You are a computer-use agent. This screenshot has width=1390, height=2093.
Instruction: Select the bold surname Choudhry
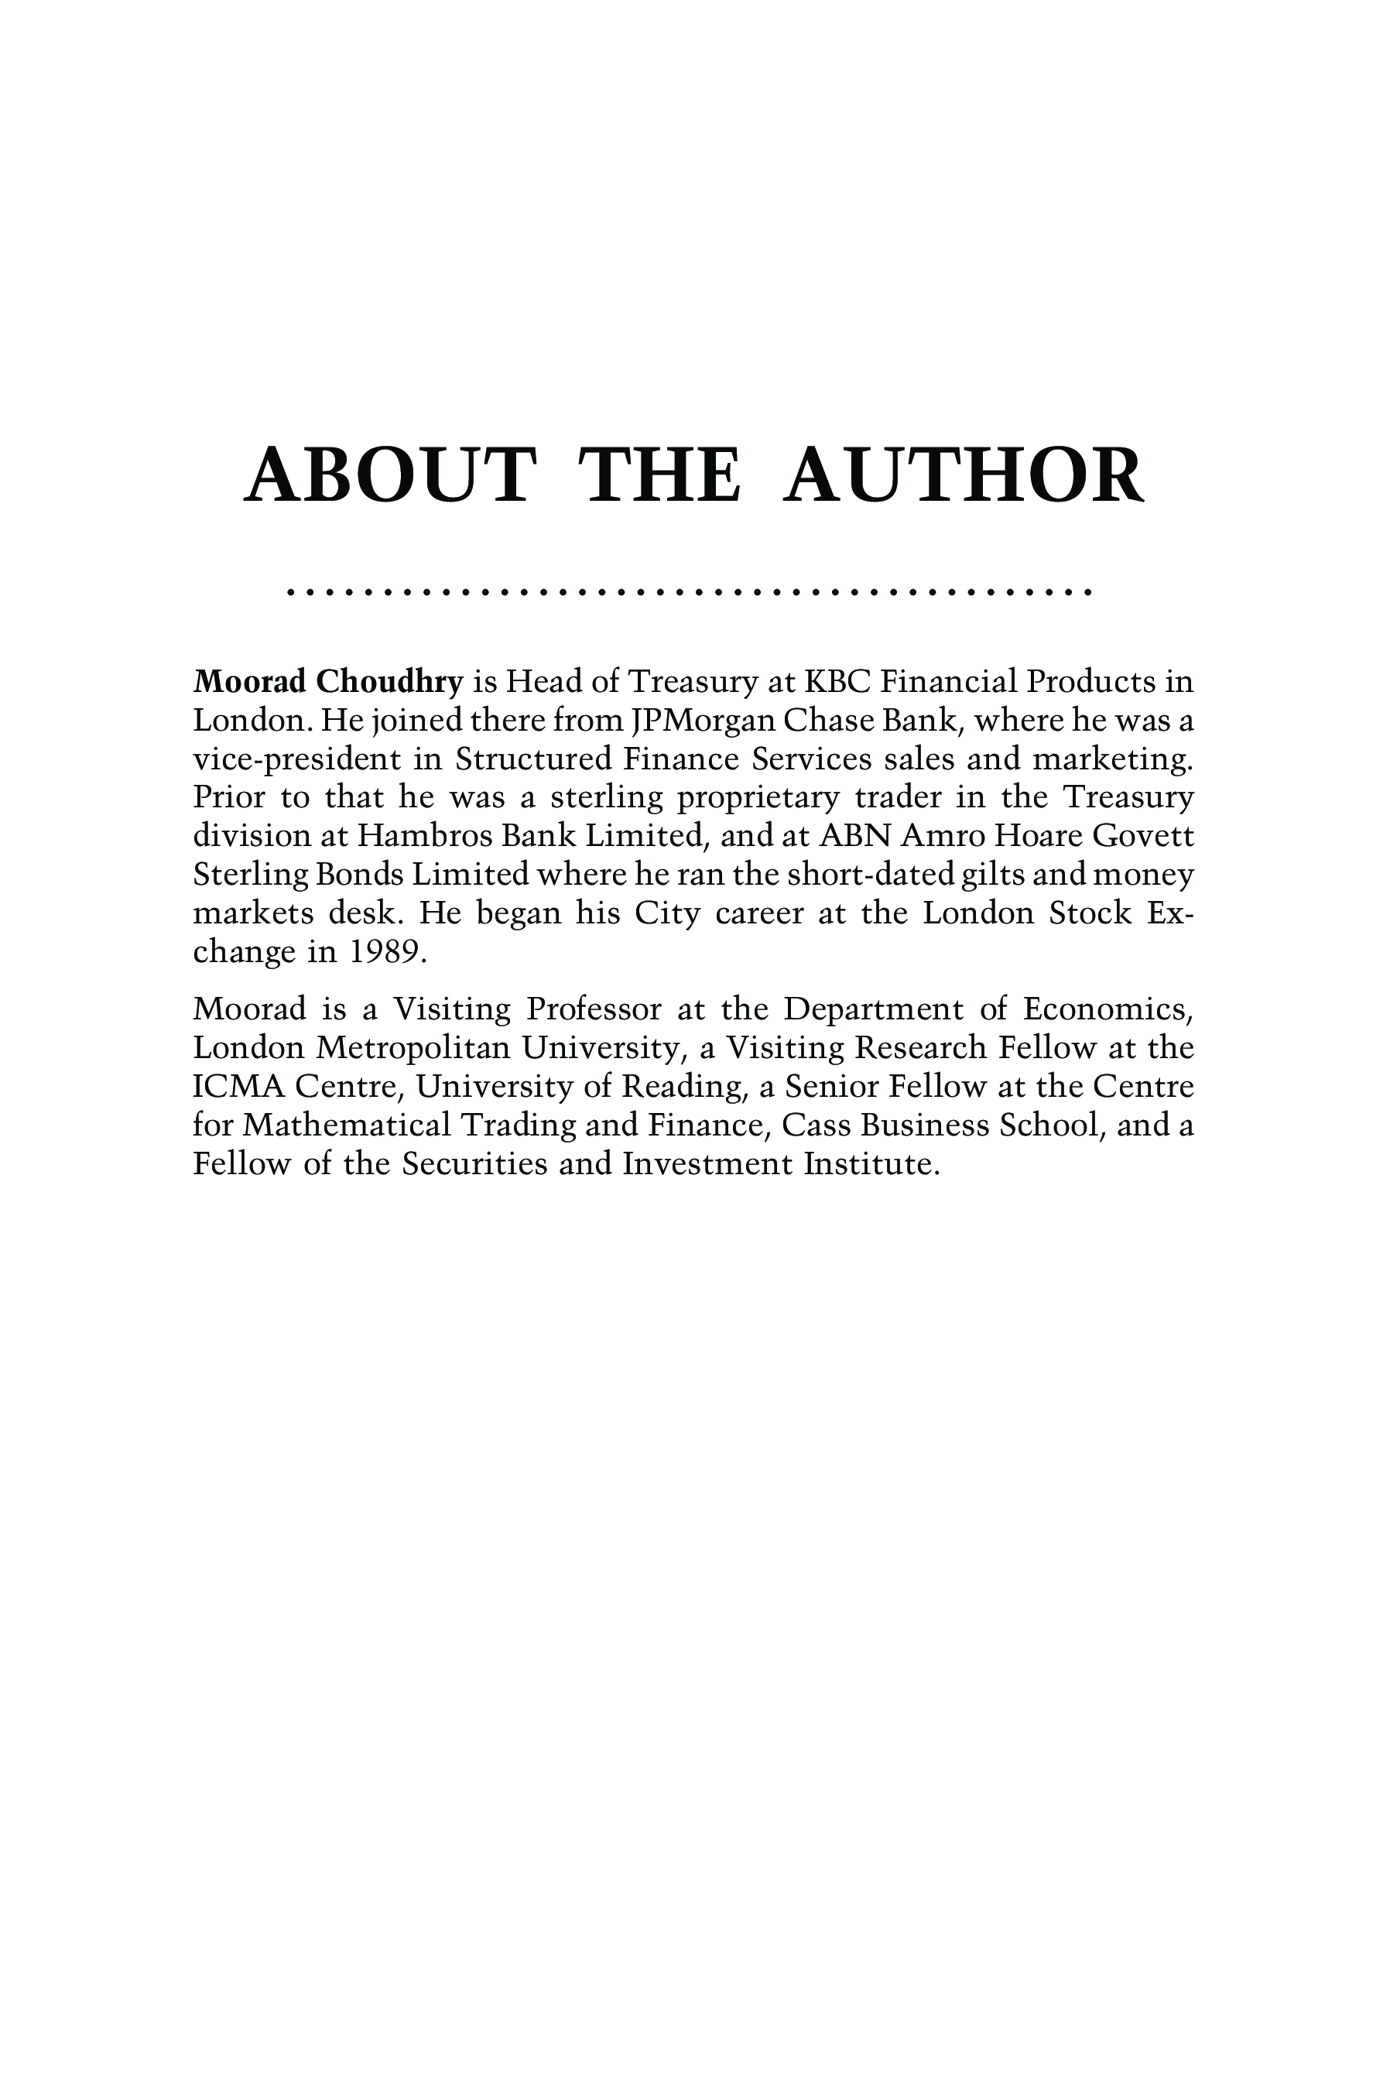click(x=390, y=682)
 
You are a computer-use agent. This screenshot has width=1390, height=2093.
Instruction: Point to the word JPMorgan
click(x=700, y=721)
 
